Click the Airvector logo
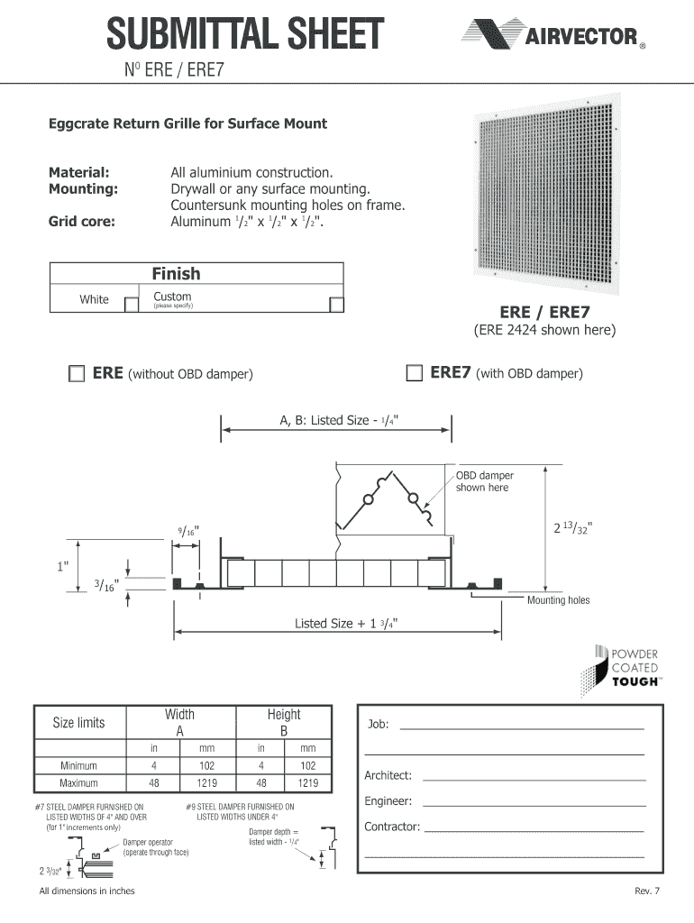pos(552,36)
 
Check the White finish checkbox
pos(131,304)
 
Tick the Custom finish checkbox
pos(336,304)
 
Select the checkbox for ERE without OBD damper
pos(76,373)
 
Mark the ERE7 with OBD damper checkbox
pos(414,373)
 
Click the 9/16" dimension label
pos(187,531)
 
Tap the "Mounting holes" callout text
pos(558,600)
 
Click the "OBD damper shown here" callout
pos(484,481)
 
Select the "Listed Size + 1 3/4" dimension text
pos(347,624)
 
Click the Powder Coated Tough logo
pos(626,668)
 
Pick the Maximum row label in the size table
pos(78,782)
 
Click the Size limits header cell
pos(78,722)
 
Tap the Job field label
pos(378,725)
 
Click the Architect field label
pos(388,775)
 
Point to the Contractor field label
pos(392,827)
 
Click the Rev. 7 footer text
pos(647,891)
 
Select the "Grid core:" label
pos(81,221)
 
